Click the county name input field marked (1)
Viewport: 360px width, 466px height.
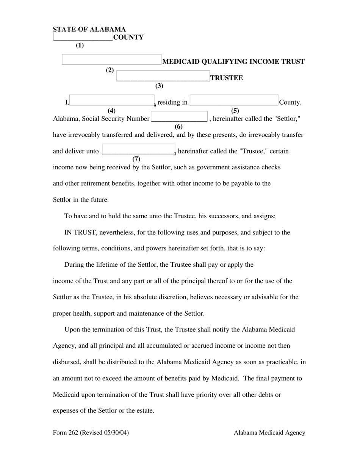83,37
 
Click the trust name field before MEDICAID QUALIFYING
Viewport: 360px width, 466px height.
111,60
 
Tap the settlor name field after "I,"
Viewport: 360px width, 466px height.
112,100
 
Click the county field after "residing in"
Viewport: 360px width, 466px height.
234,100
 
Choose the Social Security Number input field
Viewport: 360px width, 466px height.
179,117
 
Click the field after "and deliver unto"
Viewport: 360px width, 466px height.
138,150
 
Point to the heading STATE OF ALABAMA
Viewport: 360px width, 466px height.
89,29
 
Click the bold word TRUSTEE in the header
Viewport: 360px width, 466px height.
227,78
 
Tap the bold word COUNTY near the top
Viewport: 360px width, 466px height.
128,37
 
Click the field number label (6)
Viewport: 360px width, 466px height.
178,127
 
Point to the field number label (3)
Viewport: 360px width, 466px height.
159,86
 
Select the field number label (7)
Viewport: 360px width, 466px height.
136,159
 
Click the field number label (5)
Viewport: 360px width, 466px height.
235,111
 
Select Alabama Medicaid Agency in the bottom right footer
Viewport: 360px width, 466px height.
269,432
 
